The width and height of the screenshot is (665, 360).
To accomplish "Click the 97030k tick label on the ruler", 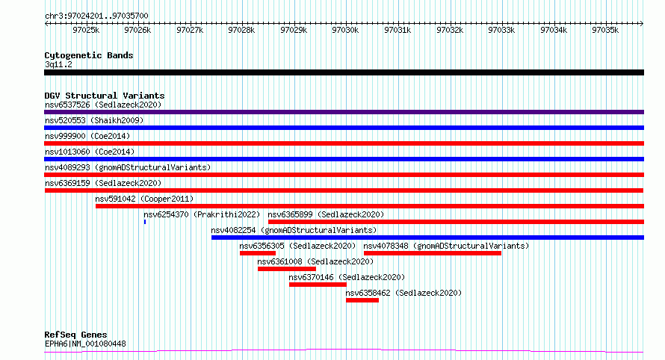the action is [x=345, y=30].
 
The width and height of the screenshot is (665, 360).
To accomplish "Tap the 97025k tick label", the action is [x=86, y=30].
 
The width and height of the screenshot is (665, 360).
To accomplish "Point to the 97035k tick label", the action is [x=605, y=30].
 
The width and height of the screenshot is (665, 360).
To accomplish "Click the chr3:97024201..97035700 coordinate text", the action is [x=96, y=16].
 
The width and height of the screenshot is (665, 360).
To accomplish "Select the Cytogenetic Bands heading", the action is [x=89, y=55].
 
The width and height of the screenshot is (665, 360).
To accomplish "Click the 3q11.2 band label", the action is [x=58, y=64].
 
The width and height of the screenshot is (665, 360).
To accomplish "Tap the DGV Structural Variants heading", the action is [x=105, y=96].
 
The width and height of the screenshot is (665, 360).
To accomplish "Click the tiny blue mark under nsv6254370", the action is [x=145, y=222].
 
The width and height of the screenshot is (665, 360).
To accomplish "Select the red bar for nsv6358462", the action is [x=362, y=300].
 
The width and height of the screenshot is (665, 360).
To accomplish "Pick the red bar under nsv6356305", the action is [x=258, y=253].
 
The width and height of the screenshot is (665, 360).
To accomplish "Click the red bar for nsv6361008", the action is [x=287, y=269].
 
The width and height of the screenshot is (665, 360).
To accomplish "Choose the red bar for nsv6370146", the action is [x=318, y=285].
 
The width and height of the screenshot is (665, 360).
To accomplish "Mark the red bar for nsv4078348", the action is [x=433, y=253].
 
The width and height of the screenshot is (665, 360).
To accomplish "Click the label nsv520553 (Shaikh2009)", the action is [x=94, y=120].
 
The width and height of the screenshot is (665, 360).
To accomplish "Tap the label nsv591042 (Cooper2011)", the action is [x=144, y=199].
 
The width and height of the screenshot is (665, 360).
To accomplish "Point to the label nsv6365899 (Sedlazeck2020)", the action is [x=326, y=214].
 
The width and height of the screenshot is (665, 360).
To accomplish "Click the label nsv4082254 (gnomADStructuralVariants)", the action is [x=294, y=230].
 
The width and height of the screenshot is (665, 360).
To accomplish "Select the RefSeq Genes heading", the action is [x=75, y=335].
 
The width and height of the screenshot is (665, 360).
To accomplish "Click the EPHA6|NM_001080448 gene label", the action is [x=85, y=344].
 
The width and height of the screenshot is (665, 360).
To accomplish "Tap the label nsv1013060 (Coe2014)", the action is [x=90, y=152].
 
